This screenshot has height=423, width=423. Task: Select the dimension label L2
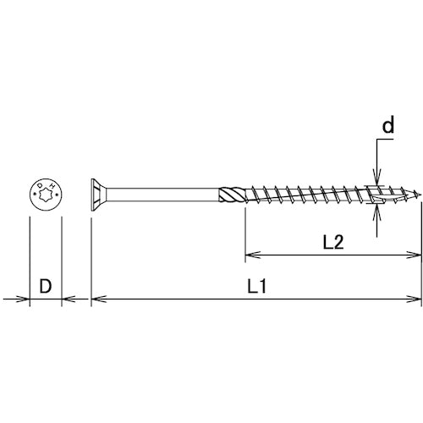click(x=333, y=243)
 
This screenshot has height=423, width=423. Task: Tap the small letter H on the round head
click(x=52, y=185)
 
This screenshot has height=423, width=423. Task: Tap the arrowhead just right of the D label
click(x=68, y=299)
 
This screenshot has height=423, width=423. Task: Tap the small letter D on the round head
click(x=40, y=185)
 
